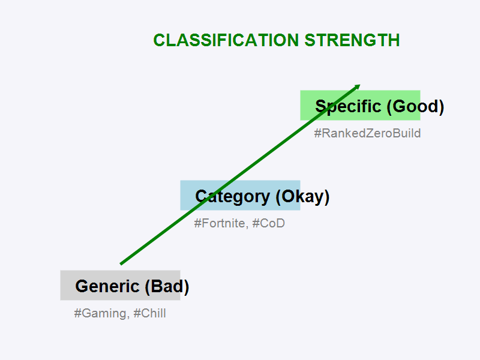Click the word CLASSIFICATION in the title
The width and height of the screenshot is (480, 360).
point(226,40)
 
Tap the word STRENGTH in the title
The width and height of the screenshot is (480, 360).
point(352,40)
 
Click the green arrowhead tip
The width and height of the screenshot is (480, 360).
point(359,85)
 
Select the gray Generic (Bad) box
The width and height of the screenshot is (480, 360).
point(120,285)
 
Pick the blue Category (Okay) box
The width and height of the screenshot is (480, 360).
point(240,195)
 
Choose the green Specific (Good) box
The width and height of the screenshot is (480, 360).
point(360,105)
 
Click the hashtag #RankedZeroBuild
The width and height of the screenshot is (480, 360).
point(367,133)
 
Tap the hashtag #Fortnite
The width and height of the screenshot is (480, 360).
point(220,223)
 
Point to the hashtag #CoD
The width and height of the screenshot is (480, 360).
point(268,223)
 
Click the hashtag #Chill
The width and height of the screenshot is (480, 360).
point(149,313)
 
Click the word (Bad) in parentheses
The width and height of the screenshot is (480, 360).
point(167,287)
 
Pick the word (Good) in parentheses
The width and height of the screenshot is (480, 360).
point(415,107)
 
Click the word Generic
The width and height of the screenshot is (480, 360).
point(107,287)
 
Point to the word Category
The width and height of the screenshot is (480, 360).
point(232,197)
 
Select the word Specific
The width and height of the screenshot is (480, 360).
point(348,107)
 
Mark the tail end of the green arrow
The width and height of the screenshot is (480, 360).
point(121,263)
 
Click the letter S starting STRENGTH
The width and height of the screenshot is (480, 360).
point(309,40)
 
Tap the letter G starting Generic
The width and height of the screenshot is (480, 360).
point(81,287)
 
